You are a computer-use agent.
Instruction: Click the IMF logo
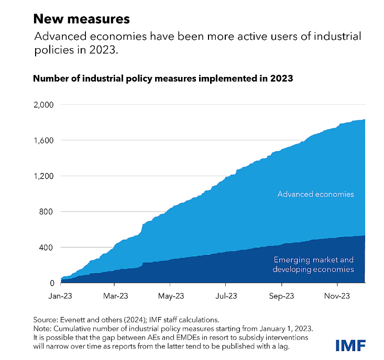point(350,345)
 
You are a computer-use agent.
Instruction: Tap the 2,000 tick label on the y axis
point(43,105)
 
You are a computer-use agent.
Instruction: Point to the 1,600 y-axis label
point(43,140)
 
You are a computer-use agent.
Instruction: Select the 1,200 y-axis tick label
point(43,176)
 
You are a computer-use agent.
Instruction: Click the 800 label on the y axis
point(46,211)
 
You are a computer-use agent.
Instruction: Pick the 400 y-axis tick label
point(46,248)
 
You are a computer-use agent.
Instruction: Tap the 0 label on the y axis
point(52,283)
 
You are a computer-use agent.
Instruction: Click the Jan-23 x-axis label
point(60,296)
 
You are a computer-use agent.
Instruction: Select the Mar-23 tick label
point(116,296)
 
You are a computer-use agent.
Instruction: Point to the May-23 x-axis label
point(171,296)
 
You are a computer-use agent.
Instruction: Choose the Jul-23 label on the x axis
point(226,296)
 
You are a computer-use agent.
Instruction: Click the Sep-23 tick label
point(282,296)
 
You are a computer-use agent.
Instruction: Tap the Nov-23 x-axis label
point(337,296)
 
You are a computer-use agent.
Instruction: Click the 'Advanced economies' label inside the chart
point(316,194)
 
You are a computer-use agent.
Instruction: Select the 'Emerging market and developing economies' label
point(313,264)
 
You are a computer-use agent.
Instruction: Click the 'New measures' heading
point(82,19)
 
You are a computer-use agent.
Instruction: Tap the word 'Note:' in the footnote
point(42,329)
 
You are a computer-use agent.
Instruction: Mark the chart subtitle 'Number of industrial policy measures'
point(115,78)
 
